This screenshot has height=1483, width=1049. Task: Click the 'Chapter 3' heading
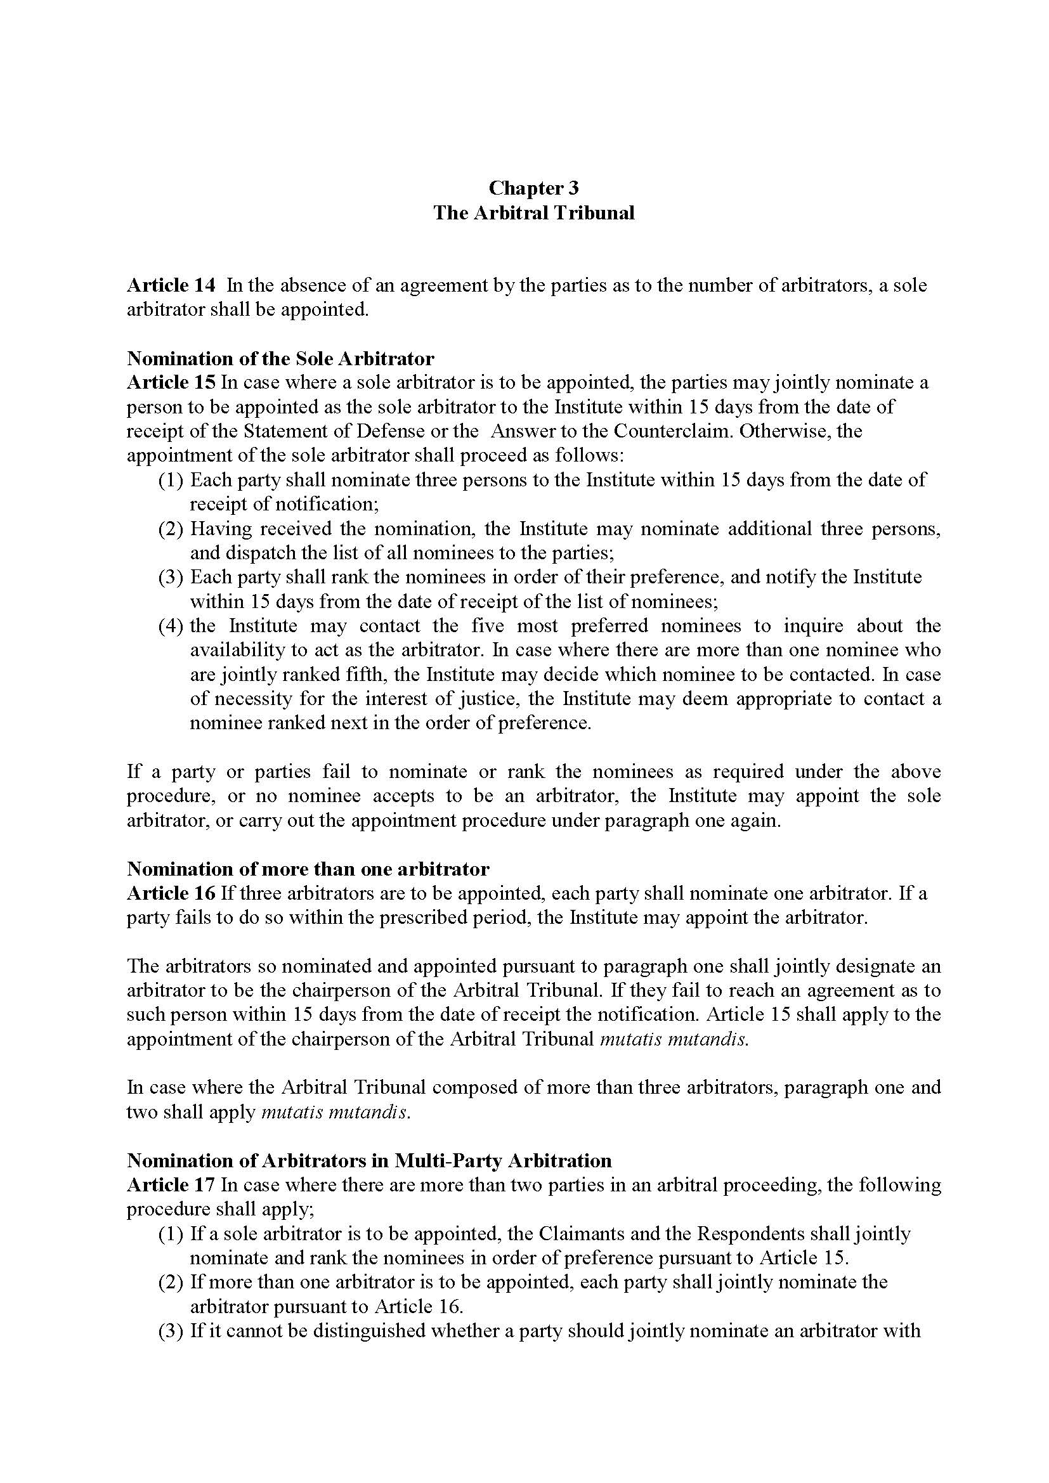(533, 188)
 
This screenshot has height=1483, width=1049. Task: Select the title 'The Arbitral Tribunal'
(533, 212)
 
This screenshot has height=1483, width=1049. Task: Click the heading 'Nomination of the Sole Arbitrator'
(280, 358)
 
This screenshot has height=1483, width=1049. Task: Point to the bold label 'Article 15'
(171, 382)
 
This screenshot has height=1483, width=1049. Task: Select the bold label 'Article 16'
(171, 893)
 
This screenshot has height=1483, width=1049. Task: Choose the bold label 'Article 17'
(171, 1185)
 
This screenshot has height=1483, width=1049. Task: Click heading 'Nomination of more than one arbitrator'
(308, 869)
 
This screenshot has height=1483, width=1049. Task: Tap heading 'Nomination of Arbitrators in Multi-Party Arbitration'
(369, 1161)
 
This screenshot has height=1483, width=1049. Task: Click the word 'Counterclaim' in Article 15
(670, 431)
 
